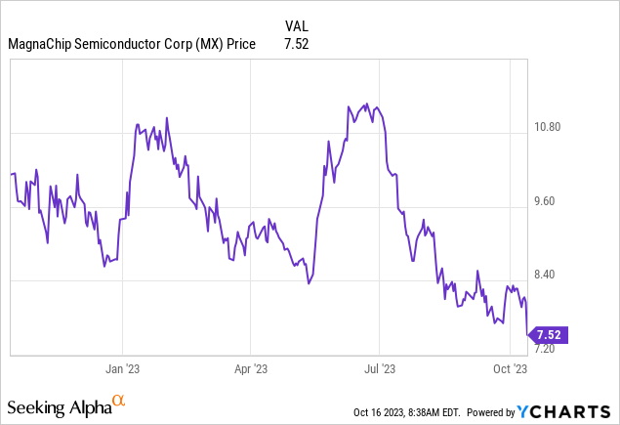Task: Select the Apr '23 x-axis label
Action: tap(251, 368)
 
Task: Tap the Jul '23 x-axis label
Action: tap(380, 368)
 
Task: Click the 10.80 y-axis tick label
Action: tap(554, 127)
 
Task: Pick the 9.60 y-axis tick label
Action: tap(552, 201)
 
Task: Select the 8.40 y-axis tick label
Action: tap(552, 275)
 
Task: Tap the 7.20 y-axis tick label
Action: tap(552, 349)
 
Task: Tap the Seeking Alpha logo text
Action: tap(59, 405)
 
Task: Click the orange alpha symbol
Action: tap(118, 401)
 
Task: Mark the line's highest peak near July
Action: tap(365, 104)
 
